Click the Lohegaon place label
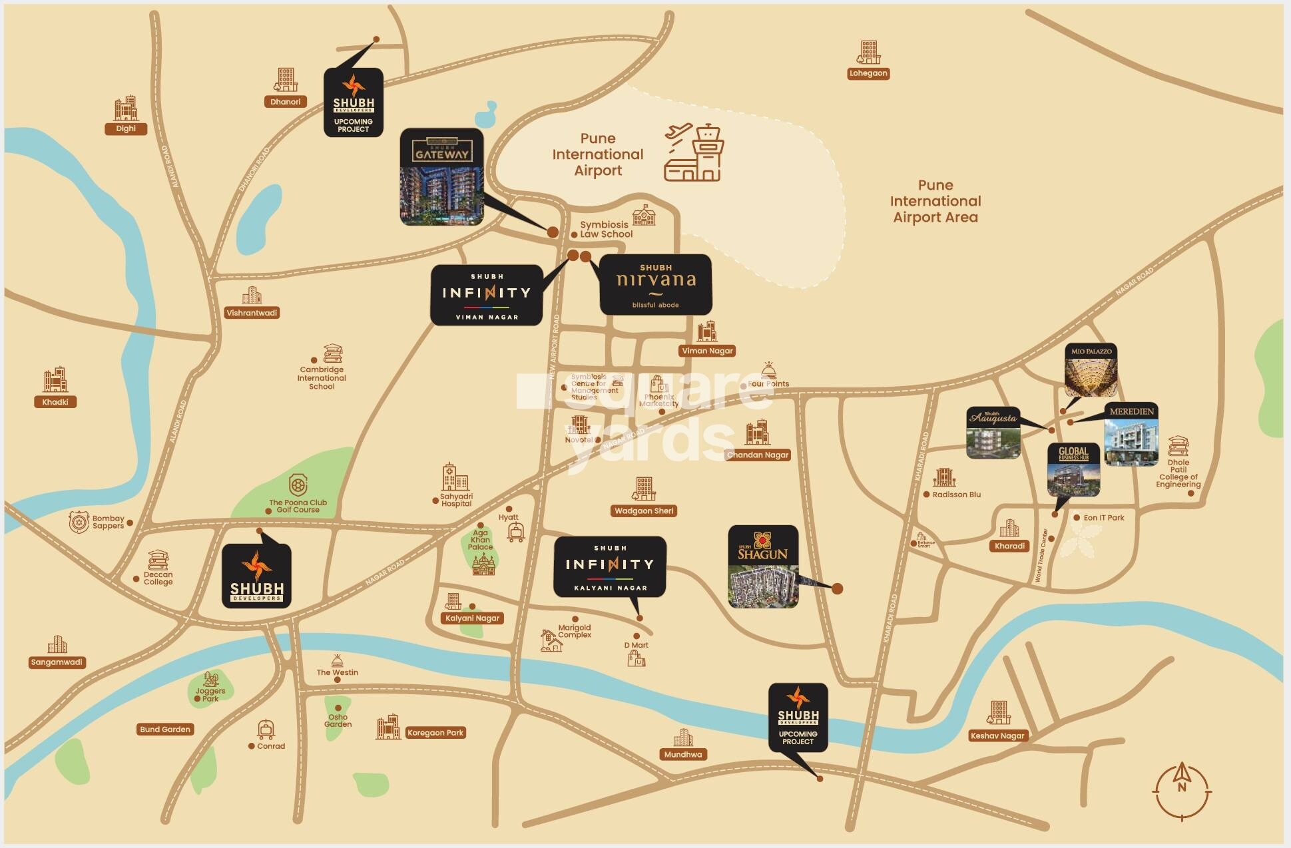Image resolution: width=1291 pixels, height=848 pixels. pyautogui.click(x=868, y=73)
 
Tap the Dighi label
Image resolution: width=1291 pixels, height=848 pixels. pyautogui.click(x=125, y=128)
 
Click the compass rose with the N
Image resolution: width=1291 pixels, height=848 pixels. pyautogui.click(x=1181, y=791)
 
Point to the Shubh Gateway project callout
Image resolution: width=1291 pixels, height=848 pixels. pyautogui.click(x=441, y=176)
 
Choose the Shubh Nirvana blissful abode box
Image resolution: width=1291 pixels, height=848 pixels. pyautogui.click(x=656, y=285)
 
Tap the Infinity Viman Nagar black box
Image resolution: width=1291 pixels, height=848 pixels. pyautogui.click(x=487, y=295)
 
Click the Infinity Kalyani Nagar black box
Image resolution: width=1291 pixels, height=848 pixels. pyautogui.click(x=610, y=566)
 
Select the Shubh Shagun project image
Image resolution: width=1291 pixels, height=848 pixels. pyautogui.click(x=763, y=566)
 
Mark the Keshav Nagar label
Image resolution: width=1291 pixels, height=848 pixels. pyautogui.click(x=997, y=736)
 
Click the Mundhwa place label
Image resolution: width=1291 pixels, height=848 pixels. pyautogui.click(x=682, y=754)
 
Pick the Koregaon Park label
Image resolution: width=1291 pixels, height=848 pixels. pyautogui.click(x=435, y=733)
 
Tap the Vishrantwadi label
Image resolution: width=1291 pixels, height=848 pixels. pyautogui.click(x=252, y=313)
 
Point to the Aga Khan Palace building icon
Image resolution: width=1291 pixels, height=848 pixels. pyautogui.click(x=483, y=564)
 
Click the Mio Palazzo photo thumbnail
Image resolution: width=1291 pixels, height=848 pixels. pyautogui.click(x=1091, y=371)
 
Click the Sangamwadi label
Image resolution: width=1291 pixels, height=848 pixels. pyautogui.click(x=57, y=662)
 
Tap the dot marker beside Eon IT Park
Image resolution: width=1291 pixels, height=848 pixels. pyautogui.click(x=1077, y=518)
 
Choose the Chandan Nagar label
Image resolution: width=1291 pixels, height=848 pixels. pyautogui.click(x=758, y=455)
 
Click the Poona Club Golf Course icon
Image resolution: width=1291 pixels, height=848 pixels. pyautogui.click(x=298, y=485)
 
